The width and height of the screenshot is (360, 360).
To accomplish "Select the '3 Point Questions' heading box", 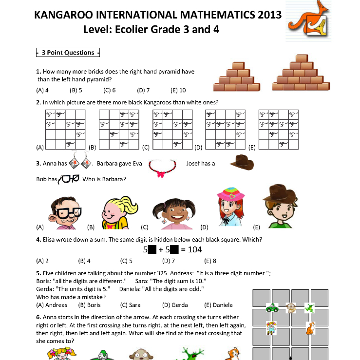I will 68,53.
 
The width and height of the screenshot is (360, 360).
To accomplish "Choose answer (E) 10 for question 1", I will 178,90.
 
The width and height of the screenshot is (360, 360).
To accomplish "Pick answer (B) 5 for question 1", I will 76,90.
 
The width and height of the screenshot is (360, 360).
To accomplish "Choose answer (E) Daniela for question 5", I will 219,305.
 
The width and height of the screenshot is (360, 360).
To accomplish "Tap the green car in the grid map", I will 272,308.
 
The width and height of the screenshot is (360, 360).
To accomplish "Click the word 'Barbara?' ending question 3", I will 114,179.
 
